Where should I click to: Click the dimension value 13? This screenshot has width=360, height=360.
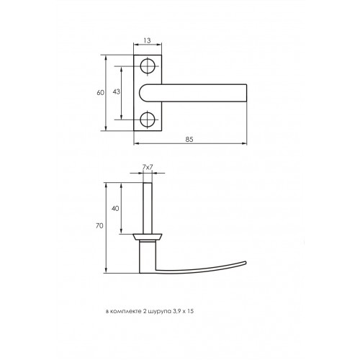(x=147, y=41)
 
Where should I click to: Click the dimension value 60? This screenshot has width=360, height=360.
(x=100, y=92)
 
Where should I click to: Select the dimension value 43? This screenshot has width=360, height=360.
(x=116, y=91)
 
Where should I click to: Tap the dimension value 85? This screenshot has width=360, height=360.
(x=189, y=140)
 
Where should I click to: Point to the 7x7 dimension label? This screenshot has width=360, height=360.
(x=148, y=167)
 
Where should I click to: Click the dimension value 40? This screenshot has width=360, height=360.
(x=115, y=209)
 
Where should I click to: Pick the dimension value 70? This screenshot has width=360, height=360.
(x=99, y=226)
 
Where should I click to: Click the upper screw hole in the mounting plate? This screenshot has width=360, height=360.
(x=147, y=66)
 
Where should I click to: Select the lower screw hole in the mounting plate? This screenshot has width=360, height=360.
(x=147, y=120)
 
